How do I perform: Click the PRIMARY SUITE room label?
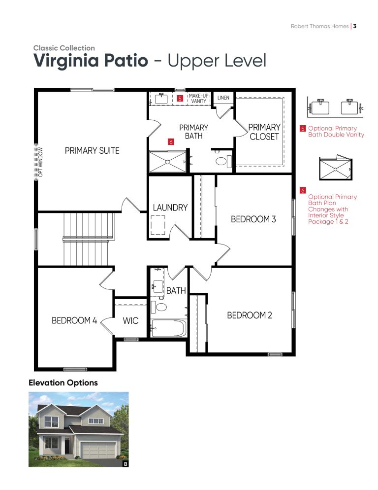point(92,151)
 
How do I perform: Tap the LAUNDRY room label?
point(170,208)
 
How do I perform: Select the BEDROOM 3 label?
point(253,219)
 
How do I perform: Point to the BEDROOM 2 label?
point(250,315)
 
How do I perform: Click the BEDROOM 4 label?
point(74,320)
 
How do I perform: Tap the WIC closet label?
point(130,320)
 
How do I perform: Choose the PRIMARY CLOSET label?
point(264,132)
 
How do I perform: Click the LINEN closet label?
point(223,98)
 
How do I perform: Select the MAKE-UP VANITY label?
point(198,99)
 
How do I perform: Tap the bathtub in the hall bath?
point(168,328)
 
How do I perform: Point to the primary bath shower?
point(168,162)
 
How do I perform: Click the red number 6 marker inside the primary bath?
point(171,142)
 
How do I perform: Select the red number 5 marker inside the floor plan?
point(180,99)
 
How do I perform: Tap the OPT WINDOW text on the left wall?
point(40,162)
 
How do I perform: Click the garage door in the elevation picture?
point(98,450)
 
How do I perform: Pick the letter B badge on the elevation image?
point(126,464)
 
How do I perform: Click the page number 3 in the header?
point(354,26)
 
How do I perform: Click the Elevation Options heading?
point(63,383)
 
